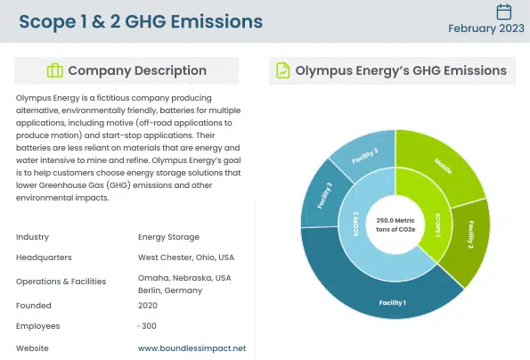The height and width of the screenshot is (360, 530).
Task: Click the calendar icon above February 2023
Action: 503,12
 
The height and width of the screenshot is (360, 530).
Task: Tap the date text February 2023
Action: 485,29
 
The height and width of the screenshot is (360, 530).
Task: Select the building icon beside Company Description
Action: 54,70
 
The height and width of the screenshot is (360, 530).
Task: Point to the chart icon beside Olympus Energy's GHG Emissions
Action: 282,70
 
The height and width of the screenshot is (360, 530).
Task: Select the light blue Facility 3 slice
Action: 364,158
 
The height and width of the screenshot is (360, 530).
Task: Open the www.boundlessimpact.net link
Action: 192,348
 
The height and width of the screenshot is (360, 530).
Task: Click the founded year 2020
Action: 148,303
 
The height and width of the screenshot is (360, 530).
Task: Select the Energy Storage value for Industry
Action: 168,237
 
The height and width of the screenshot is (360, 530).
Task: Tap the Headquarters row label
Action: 44,258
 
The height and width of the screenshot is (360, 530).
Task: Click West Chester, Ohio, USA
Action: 185,258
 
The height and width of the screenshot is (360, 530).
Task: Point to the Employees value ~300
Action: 147,325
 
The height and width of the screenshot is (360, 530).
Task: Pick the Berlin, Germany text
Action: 169,290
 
